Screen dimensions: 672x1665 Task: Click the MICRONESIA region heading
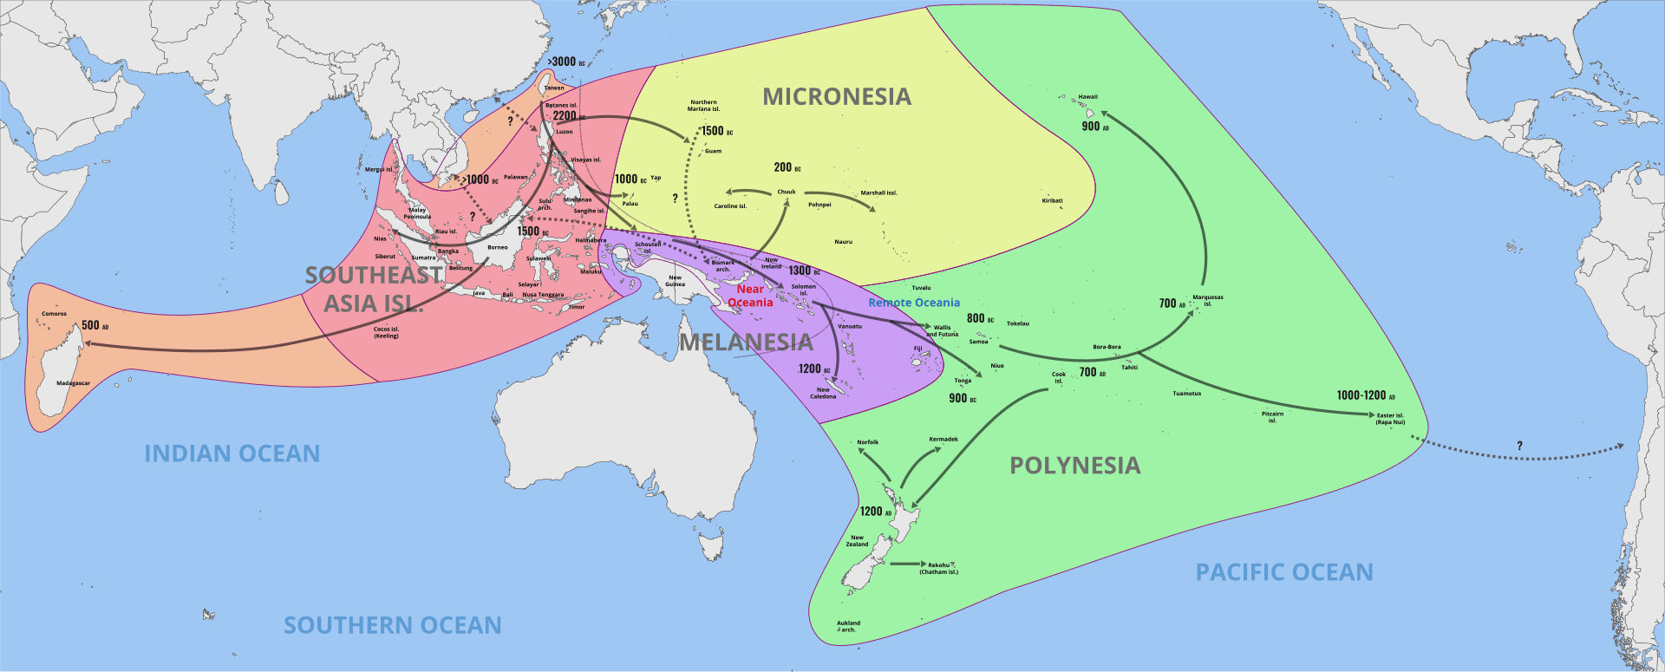(837, 97)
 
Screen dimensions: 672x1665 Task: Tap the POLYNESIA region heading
(1074, 466)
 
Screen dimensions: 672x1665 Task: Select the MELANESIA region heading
(746, 343)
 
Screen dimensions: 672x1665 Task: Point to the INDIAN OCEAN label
(232, 453)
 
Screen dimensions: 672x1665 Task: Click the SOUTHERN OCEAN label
(393, 625)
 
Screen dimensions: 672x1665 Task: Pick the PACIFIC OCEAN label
(1284, 572)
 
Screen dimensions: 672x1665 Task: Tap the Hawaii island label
(1087, 97)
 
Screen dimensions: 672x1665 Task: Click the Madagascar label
(73, 383)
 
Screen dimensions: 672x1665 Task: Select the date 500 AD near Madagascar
(95, 325)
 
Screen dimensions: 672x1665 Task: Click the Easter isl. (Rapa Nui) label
(1390, 419)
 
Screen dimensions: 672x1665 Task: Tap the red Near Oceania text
(750, 296)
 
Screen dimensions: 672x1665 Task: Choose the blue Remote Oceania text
(914, 303)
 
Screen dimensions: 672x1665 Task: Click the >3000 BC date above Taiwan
(566, 62)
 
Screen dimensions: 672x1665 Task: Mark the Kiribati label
(1052, 200)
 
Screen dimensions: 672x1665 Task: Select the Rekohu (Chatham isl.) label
(939, 569)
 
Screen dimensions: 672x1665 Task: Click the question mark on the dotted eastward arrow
(1519, 446)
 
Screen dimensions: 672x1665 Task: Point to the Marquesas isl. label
(1207, 300)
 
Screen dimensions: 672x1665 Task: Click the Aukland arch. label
(848, 626)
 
